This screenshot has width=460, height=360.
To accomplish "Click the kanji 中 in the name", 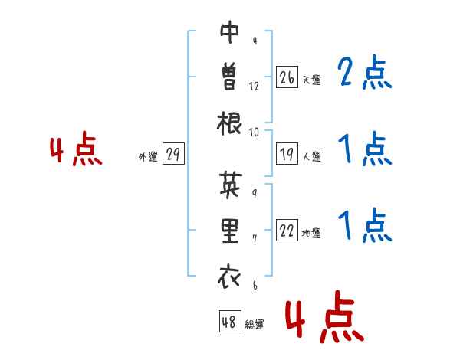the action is tap(230, 32).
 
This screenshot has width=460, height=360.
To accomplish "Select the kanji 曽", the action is tap(230, 77).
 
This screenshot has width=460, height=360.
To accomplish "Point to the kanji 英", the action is tap(231, 184).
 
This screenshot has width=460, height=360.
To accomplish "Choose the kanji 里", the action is tap(230, 231).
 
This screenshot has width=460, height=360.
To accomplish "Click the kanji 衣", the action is tap(229, 276).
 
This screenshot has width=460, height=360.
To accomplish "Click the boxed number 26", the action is tap(287, 77).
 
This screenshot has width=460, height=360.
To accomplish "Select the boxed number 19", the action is tap(287, 154).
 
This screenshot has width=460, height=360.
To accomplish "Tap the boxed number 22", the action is tap(287, 230).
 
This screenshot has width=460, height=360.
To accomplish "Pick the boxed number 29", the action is tap(173, 154).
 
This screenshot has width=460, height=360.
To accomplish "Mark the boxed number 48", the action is tap(230, 321).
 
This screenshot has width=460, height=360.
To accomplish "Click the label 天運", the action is tap(311, 80).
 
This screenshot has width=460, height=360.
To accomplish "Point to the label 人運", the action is tap(311, 156).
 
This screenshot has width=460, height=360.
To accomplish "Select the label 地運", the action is tap(311, 234).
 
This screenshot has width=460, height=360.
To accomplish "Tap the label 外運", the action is tap(148, 157).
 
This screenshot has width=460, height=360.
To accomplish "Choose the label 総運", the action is tap(255, 325).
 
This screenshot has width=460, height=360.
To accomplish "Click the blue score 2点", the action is tap(365, 72).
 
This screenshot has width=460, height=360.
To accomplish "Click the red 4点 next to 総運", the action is tap(325, 316).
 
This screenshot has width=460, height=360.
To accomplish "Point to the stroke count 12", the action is tap(254, 87).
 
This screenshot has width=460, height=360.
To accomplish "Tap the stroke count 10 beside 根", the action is tap(254, 133).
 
